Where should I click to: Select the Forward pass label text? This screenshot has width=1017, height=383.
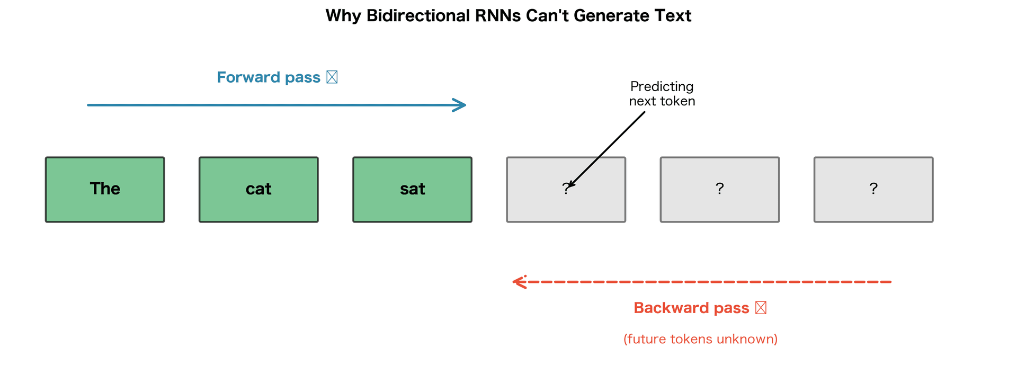click(269, 77)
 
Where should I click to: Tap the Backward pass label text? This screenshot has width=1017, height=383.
click(691, 308)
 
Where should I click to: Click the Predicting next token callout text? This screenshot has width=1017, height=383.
click(662, 94)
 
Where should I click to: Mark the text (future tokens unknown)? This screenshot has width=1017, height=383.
click(700, 339)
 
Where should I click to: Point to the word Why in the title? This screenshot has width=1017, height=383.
click(343, 16)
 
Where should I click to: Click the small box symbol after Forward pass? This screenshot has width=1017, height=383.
click(332, 77)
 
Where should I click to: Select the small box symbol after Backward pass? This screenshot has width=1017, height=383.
click(761, 308)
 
